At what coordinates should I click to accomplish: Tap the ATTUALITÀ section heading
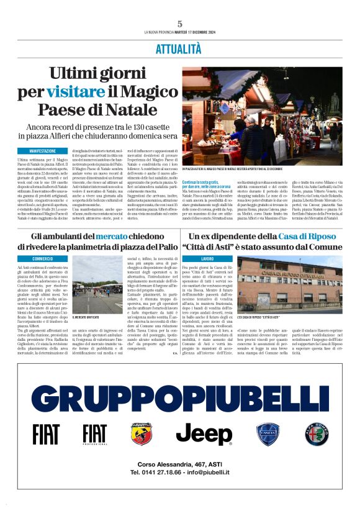coord(179,49)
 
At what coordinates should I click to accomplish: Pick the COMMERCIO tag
coord(43,258)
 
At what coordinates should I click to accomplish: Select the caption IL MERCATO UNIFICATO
coord(104,317)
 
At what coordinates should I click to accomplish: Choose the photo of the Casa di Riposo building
coord(289,283)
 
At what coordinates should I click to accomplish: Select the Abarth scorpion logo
coord(142,434)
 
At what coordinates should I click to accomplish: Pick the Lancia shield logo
coord(269,434)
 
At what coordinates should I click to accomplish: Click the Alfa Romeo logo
coord(317,434)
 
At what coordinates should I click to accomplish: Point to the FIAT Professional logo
coord(94,434)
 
